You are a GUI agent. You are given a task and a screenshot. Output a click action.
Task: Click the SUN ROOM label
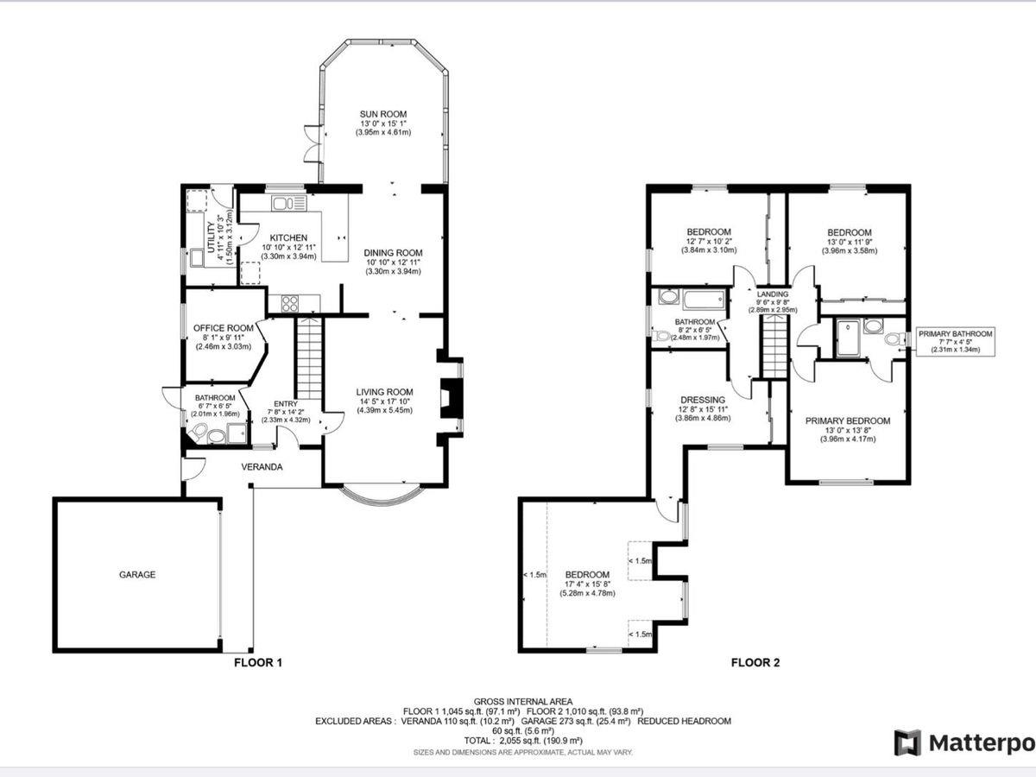(x=382, y=114)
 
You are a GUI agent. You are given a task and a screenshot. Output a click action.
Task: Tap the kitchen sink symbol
(x=289, y=204)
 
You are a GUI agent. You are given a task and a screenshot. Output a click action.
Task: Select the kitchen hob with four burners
(x=289, y=303)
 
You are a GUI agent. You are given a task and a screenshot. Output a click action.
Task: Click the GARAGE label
(x=137, y=575)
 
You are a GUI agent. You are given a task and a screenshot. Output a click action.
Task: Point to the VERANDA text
(x=262, y=467)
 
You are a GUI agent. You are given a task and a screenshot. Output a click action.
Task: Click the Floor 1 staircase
(x=309, y=358)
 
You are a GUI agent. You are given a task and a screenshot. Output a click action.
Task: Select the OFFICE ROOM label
(x=224, y=328)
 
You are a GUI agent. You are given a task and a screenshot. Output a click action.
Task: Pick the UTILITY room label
(x=211, y=237)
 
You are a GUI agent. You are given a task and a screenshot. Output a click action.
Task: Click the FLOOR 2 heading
(x=755, y=663)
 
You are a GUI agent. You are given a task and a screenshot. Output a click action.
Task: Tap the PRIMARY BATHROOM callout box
(x=956, y=341)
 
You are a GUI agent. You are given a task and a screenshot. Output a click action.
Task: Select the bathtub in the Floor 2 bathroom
(x=704, y=300)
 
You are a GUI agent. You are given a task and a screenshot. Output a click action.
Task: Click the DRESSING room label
(x=703, y=400)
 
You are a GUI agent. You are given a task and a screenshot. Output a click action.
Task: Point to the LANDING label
(x=773, y=294)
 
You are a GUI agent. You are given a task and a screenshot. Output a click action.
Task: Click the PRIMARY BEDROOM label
(x=848, y=420)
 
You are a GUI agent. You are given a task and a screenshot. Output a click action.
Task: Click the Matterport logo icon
(x=907, y=742)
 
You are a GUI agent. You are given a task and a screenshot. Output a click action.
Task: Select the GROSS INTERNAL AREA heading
(x=523, y=702)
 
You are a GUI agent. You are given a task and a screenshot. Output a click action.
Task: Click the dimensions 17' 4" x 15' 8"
(x=588, y=584)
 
